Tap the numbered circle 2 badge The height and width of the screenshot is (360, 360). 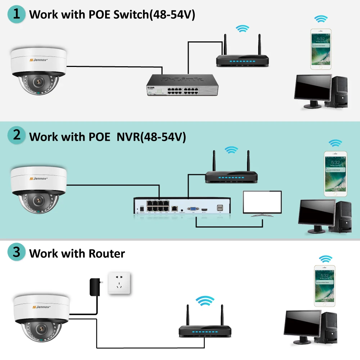pos(17,136)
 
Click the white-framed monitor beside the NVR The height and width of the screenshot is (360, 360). pos(262,203)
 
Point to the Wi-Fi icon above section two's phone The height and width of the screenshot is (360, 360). pos(336,143)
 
